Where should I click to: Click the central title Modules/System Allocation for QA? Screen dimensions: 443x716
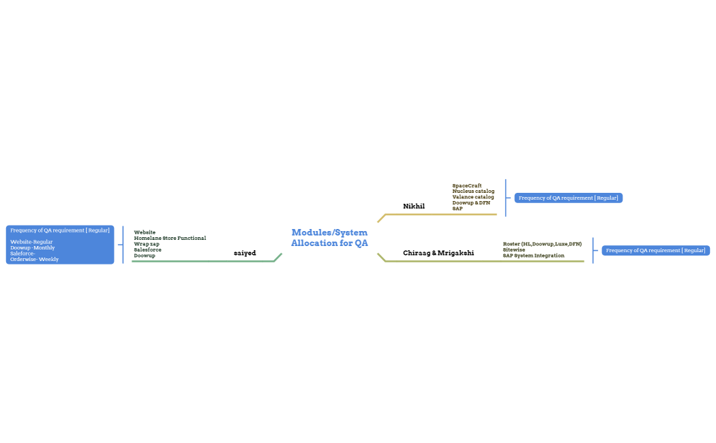329,238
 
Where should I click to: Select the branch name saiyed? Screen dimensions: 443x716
245,253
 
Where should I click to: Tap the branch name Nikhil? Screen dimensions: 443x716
413,206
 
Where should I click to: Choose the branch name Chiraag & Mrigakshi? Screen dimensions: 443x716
438,253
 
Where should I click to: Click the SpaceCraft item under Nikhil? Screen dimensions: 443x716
466,185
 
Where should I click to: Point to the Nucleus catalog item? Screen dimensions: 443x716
473,191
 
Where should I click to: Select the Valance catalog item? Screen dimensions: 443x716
473,197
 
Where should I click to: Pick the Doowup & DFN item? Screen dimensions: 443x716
471,202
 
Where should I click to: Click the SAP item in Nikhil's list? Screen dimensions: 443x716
457,209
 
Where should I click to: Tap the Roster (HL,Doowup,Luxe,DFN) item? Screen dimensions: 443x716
542,243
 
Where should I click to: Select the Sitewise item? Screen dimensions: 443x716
514,249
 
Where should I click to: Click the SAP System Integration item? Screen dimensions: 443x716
533,256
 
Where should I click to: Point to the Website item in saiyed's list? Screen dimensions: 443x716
145,232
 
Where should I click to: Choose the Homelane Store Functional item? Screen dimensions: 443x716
170,238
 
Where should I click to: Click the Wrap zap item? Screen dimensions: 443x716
147,244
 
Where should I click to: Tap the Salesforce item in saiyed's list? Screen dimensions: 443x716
147,249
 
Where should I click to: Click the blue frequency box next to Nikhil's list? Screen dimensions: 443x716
568,198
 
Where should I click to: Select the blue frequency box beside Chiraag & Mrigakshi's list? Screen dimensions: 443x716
655,250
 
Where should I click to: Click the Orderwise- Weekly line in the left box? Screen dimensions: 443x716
34,260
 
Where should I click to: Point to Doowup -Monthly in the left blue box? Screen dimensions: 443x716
32,247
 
